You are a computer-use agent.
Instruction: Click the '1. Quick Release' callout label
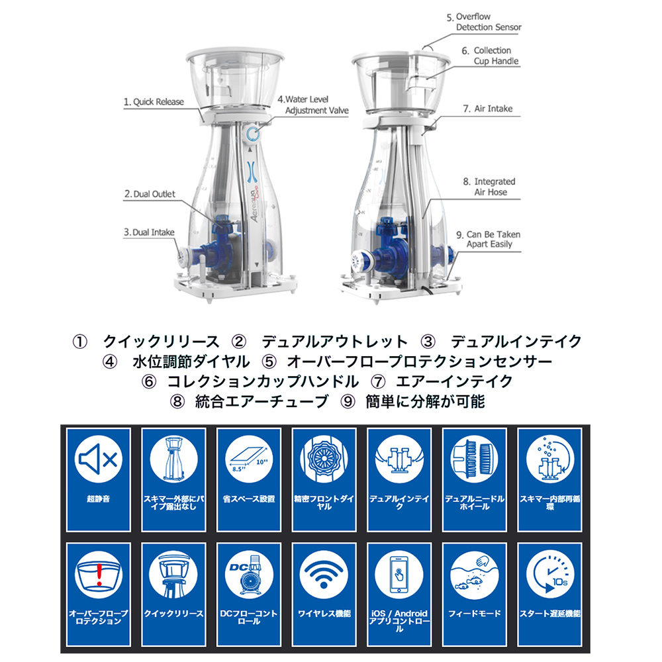click(154, 102)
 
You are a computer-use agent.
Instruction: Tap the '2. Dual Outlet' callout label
click(150, 194)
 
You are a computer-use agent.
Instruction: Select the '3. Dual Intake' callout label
click(149, 232)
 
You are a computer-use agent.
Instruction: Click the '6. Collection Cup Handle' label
click(490, 56)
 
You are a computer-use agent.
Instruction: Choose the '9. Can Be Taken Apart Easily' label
click(489, 240)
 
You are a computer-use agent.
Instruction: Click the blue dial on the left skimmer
click(252, 134)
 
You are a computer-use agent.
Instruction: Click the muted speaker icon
click(99, 459)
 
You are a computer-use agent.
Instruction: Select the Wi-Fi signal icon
click(324, 574)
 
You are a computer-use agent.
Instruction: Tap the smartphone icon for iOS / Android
click(399, 574)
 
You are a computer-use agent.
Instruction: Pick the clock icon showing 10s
click(549, 574)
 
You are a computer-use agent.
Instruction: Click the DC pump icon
click(249, 574)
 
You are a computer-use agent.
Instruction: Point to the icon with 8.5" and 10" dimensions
click(249, 459)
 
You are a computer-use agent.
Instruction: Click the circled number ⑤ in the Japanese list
click(269, 362)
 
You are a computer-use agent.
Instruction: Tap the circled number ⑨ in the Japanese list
click(348, 402)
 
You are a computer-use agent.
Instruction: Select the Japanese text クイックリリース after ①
click(162, 341)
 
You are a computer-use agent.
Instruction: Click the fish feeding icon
click(475, 574)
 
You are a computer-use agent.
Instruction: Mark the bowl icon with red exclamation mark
click(99, 574)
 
